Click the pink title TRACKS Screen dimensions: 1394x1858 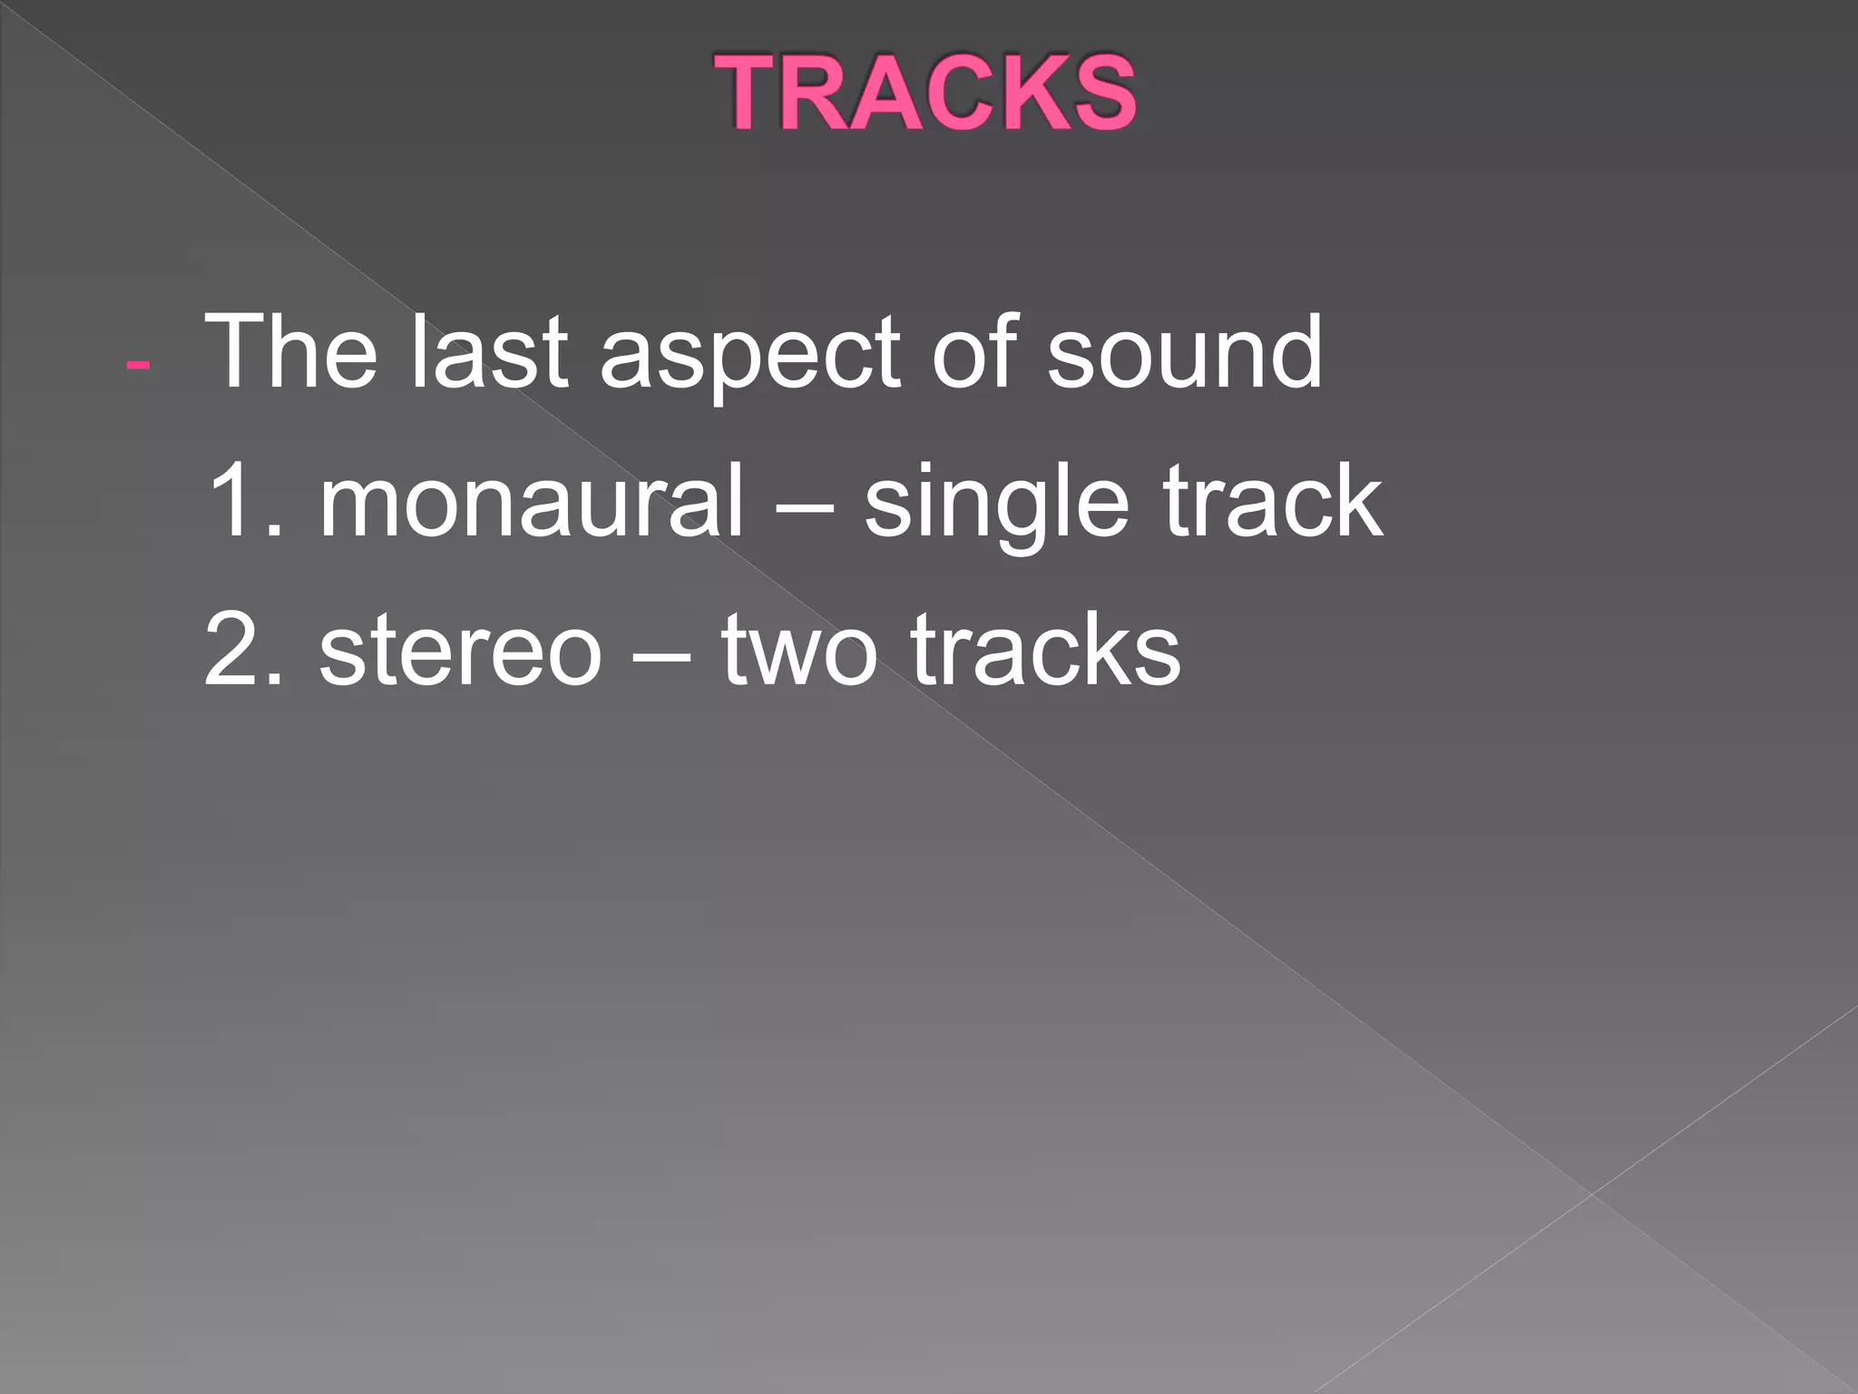[924, 93]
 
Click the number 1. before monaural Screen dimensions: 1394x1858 [245, 501]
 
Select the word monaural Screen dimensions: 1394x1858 [532, 501]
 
